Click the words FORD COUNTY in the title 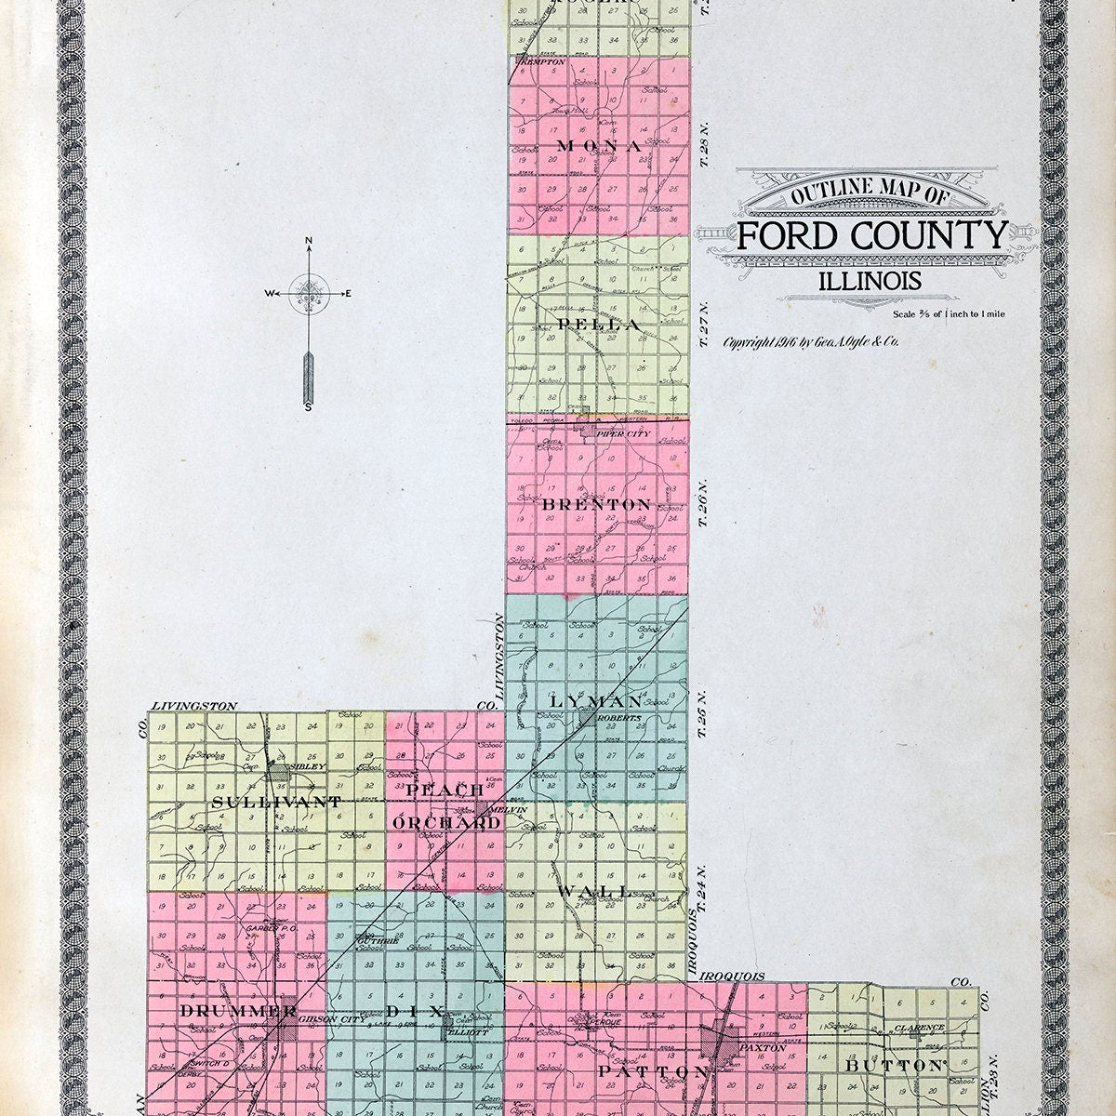click(x=872, y=236)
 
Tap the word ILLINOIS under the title click(x=870, y=280)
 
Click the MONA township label click(x=600, y=146)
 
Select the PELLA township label click(x=599, y=325)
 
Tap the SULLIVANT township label click(x=265, y=801)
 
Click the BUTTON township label click(x=894, y=1066)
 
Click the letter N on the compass click(x=309, y=243)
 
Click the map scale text click(x=948, y=313)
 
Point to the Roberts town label click(x=616, y=718)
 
